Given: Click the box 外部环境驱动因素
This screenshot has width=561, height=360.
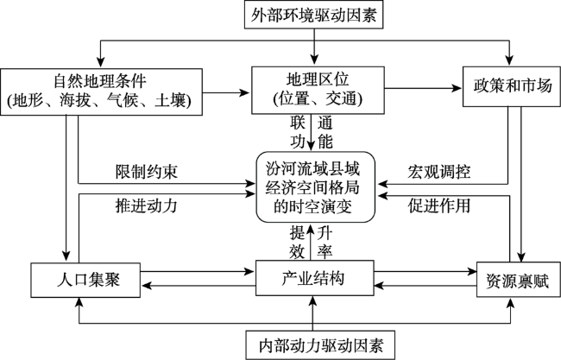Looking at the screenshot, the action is tap(314, 15).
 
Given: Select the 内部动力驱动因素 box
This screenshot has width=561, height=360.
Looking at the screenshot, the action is tap(320, 345).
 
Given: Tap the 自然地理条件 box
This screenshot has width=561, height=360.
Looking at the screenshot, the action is tap(101, 92).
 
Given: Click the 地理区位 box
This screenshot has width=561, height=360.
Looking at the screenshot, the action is tap(318, 90).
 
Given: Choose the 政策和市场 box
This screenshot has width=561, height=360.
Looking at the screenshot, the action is tap(512, 86).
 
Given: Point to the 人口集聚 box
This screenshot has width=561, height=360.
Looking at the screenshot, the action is tap(85, 281).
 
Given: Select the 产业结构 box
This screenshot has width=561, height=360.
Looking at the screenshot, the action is tap(315, 278).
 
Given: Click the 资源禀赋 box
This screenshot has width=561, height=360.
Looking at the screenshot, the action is tap(519, 280).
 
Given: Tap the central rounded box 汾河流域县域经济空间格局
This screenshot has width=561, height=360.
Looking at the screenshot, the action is tap(316, 187).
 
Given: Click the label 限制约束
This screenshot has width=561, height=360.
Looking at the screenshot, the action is tap(147, 172).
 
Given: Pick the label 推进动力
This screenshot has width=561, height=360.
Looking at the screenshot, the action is tap(147, 205).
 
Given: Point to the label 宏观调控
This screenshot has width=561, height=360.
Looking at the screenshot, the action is tap(439, 172).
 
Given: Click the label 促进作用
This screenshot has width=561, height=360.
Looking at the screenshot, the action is tap(439, 205).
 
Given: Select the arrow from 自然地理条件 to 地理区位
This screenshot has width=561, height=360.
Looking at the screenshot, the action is tap(226, 92).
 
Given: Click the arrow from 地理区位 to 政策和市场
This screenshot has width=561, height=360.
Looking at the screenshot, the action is tap(424, 88).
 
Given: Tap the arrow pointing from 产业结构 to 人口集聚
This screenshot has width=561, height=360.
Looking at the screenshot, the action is tap(199, 285).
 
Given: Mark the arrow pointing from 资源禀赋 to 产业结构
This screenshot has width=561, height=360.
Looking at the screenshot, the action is tap(425, 285).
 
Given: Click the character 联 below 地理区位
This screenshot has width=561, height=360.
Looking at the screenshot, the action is tap(297, 123).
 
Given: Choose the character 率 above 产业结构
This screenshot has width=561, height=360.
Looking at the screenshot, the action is tap(325, 251).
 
